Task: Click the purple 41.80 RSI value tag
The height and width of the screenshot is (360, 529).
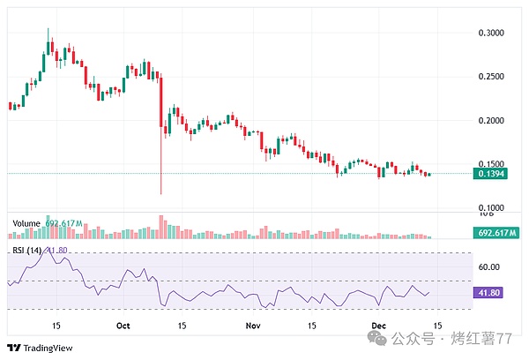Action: (x=488, y=293)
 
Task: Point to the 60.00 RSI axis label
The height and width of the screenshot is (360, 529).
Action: (x=488, y=266)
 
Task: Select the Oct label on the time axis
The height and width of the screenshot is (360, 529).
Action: (x=123, y=326)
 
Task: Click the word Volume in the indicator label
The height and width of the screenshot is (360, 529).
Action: (x=26, y=223)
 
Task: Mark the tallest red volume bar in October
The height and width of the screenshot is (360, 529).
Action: (x=161, y=226)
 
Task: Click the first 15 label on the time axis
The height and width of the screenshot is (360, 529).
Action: (x=56, y=326)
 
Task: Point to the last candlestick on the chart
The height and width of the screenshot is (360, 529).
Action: (x=429, y=174)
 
